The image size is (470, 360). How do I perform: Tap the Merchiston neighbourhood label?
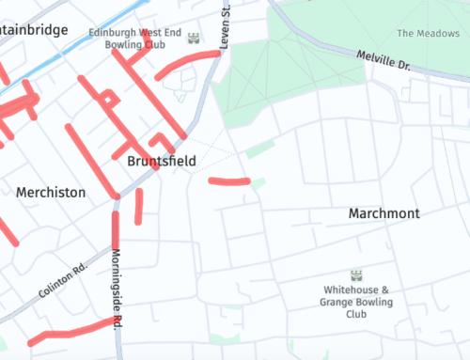[x=51, y=192]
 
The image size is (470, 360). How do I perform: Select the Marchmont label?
[x=384, y=213]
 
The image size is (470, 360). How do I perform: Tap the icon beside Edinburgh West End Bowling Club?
[x=194, y=39]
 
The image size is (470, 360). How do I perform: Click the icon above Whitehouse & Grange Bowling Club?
[x=356, y=275]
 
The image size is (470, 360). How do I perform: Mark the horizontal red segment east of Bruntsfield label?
[x=228, y=180]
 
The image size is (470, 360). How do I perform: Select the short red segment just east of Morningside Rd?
[x=138, y=207]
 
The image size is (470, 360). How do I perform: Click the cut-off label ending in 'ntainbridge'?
[x=34, y=30]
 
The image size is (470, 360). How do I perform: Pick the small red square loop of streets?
[x=109, y=99]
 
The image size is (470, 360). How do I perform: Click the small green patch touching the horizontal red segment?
[x=258, y=181]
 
